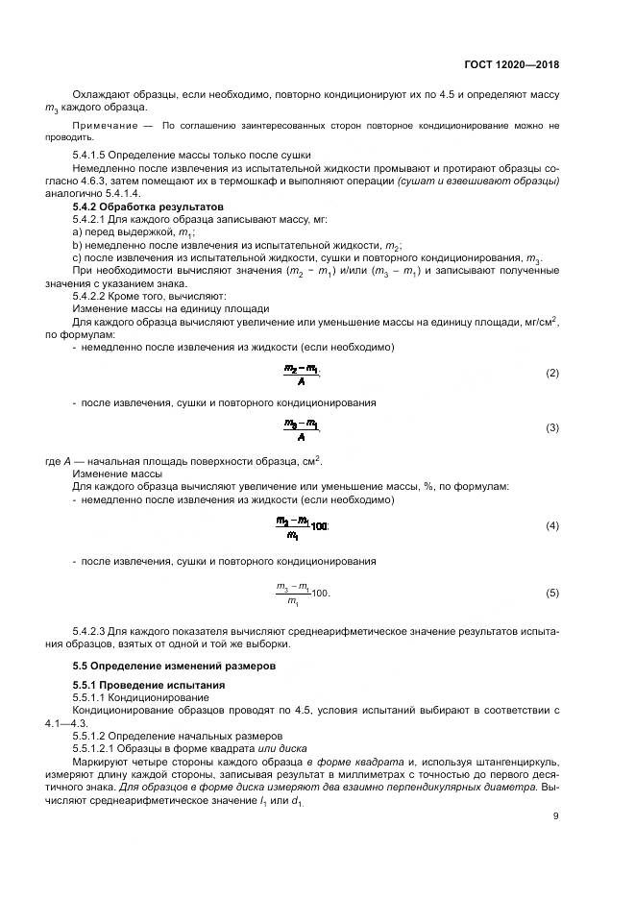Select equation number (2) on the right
[551, 373]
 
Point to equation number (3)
[551, 427]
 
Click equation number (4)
[551, 526]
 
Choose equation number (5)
[551, 594]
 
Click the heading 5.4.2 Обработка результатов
[147, 206]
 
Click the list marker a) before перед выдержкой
[78, 232]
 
